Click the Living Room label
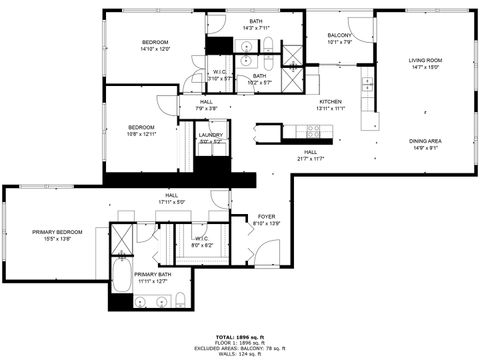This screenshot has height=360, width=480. coord(425,62)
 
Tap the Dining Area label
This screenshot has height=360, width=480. coord(425,141)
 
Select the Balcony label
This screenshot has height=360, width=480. coord(339,35)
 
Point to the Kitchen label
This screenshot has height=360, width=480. coord(331,102)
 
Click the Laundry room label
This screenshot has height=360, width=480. coord(210,135)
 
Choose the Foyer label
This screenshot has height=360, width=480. coord(267,216)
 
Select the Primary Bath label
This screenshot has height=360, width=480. coord(153,274)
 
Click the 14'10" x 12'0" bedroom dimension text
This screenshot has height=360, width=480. coord(155,48)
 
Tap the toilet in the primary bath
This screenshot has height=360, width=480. coord(177,300)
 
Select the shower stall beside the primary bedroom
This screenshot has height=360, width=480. coord(123,239)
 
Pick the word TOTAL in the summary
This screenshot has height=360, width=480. coord(225,336)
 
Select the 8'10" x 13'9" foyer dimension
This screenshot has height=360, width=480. coord(267,223)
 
